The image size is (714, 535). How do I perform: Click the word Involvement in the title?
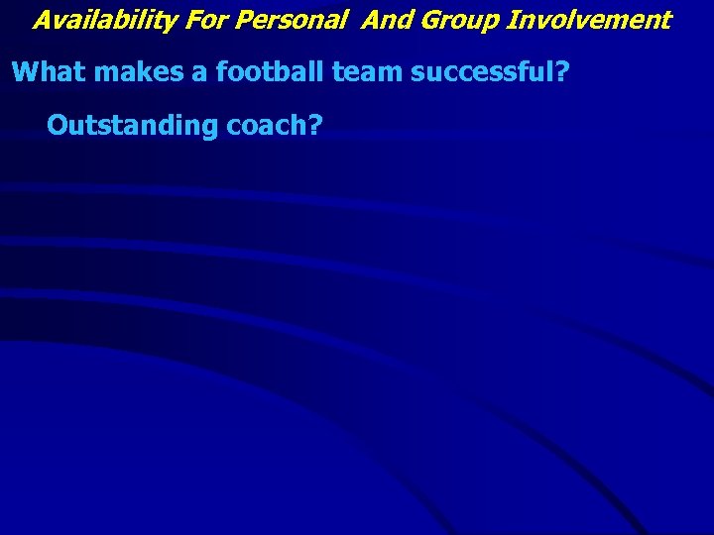pos(591,20)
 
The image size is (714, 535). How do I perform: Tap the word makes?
pos(126,72)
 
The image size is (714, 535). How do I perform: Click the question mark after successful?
pos(561,72)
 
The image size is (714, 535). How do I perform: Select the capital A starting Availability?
pos(42,20)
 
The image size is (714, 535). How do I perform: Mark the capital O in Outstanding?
pos(58,126)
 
